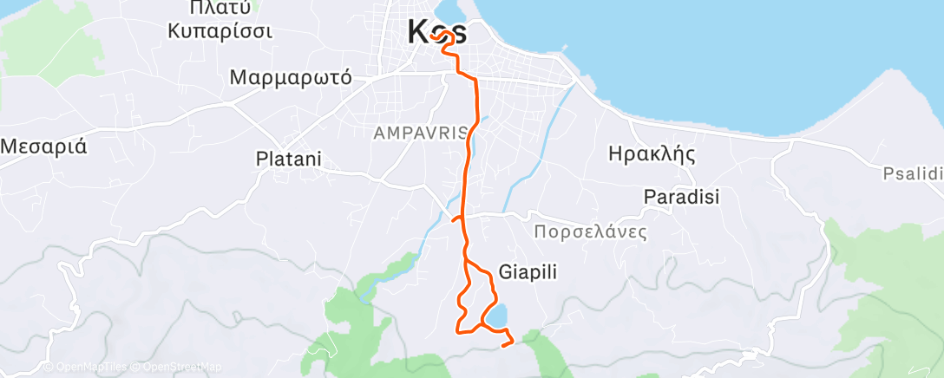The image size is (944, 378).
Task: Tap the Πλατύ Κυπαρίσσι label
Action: point(220,20)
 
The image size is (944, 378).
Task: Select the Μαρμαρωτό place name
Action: point(291,77)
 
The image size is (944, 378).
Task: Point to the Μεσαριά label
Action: point(43,145)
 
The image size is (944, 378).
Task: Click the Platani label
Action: point(289,160)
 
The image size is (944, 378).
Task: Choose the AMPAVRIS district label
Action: point(421,133)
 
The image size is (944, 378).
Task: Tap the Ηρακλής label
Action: point(653,155)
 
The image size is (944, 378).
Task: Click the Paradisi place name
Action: point(682,197)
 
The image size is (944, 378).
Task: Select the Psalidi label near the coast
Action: point(912,173)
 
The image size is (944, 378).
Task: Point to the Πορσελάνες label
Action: point(591,232)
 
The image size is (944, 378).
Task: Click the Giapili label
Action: point(528,271)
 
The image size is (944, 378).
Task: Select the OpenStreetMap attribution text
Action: point(178,367)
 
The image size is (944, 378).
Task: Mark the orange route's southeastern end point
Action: point(504,345)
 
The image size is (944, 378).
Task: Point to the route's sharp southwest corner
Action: point(458,329)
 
